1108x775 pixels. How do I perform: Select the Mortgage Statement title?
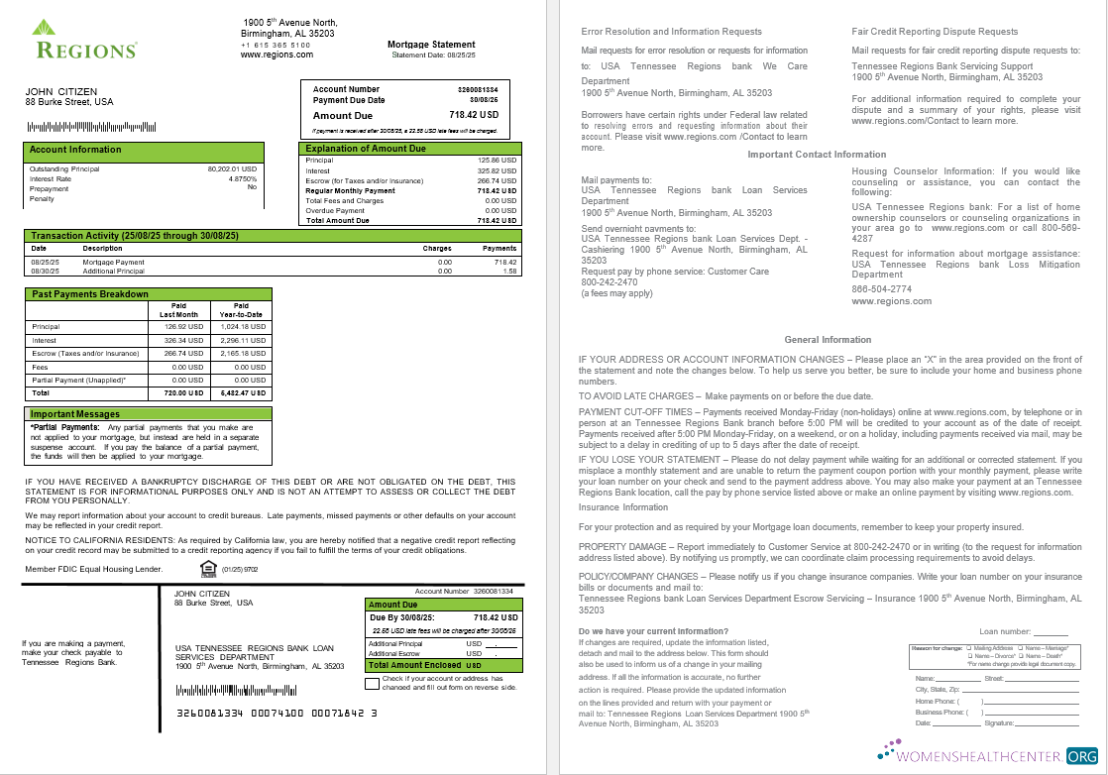(431, 45)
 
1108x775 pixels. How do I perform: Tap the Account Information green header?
(75, 150)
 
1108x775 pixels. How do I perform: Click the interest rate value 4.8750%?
(242, 178)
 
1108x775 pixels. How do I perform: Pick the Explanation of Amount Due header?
(366, 149)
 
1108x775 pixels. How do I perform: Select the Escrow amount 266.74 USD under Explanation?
(497, 180)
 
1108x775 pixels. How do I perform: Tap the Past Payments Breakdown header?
(90, 294)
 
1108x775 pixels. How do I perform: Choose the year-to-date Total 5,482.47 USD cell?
(243, 392)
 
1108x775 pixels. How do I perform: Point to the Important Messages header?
(75, 414)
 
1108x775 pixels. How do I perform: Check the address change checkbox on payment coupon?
(372, 683)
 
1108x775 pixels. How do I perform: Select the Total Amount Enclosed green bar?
(442, 665)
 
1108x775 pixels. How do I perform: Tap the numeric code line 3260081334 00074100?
(277, 713)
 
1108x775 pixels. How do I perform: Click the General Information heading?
(828, 340)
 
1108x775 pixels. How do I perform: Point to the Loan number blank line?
(1051, 632)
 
